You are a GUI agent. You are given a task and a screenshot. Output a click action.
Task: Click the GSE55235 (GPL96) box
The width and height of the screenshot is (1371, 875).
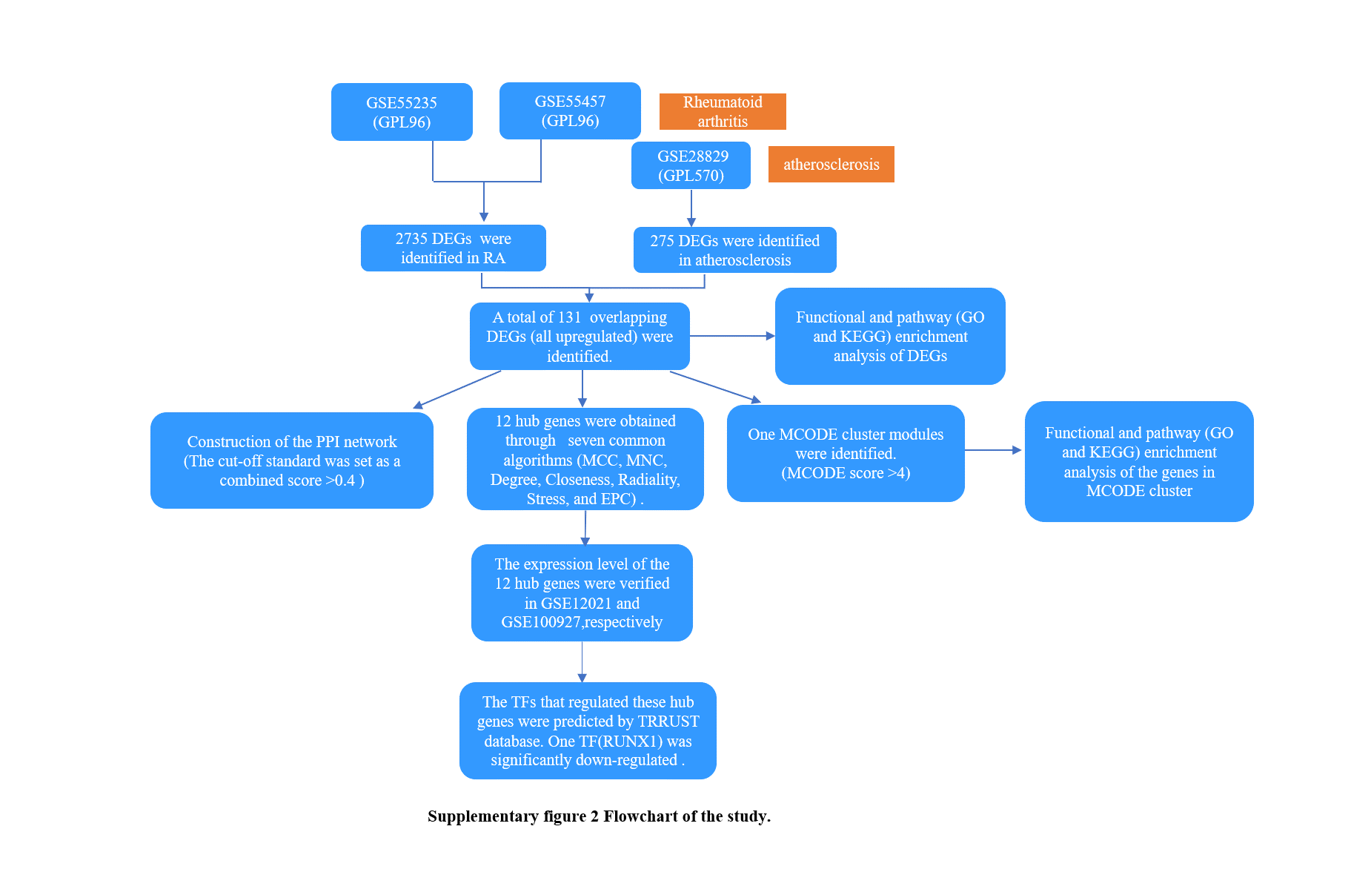[x=402, y=112]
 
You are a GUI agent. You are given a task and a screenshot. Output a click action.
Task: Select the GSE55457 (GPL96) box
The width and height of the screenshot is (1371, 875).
[x=570, y=110]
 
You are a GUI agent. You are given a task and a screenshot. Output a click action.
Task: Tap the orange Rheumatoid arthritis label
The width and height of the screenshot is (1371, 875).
[x=723, y=111]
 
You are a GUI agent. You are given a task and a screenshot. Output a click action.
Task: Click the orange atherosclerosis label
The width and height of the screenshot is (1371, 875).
[x=831, y=164]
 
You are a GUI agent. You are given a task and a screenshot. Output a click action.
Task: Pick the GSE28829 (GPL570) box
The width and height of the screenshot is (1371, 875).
[x=691, y=165]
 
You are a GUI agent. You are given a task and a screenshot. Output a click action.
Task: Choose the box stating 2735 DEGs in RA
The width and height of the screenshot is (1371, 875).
[x=454, y=248]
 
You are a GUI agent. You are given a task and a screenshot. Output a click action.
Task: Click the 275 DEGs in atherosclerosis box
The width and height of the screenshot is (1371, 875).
[x=735, y=250]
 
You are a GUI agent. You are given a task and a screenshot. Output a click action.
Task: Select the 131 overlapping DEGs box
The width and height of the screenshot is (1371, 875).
[x=580, y=336]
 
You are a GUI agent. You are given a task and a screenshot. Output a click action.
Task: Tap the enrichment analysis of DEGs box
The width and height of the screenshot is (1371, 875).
[x=890, y=336]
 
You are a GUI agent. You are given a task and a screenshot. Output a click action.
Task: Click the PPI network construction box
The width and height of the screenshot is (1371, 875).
[x=292, y=460]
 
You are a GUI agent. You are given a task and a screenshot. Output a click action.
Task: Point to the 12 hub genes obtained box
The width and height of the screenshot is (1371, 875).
[x=585, y=459]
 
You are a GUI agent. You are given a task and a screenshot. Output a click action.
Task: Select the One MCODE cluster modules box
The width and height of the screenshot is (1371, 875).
[x=846, y=453]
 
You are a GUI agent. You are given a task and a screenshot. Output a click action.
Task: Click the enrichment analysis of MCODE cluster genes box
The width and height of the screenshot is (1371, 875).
[x=1139, y=461]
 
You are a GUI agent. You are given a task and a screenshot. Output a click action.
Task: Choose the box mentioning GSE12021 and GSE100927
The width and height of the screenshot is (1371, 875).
[x=582, y=592]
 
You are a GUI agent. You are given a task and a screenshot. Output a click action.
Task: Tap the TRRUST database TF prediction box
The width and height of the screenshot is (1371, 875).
[x=588, y=730]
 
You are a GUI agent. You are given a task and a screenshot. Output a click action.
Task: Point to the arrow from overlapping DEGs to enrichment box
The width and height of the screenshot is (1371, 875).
[x=732, y=336]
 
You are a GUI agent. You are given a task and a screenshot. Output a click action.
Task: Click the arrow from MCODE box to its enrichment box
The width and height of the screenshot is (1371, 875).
[x=994, y=450]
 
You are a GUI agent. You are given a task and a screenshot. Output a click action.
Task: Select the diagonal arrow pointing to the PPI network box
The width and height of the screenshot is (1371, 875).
[x=457, y=389]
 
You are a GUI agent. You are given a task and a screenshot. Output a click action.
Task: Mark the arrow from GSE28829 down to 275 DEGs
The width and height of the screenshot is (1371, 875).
[x=691, y=208]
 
